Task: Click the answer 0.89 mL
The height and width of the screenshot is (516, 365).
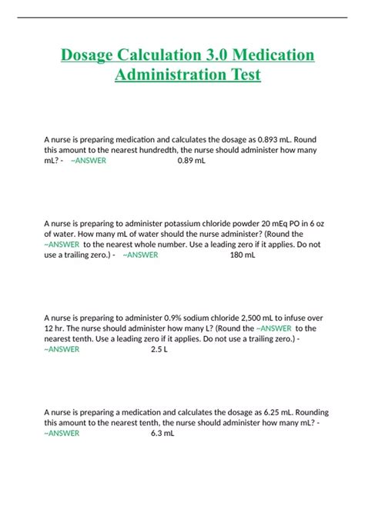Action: [x=191, y=161]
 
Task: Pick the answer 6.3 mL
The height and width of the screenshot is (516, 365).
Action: [x=162, y=433]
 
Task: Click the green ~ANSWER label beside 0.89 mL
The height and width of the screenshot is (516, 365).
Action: [x=88, y=161]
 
